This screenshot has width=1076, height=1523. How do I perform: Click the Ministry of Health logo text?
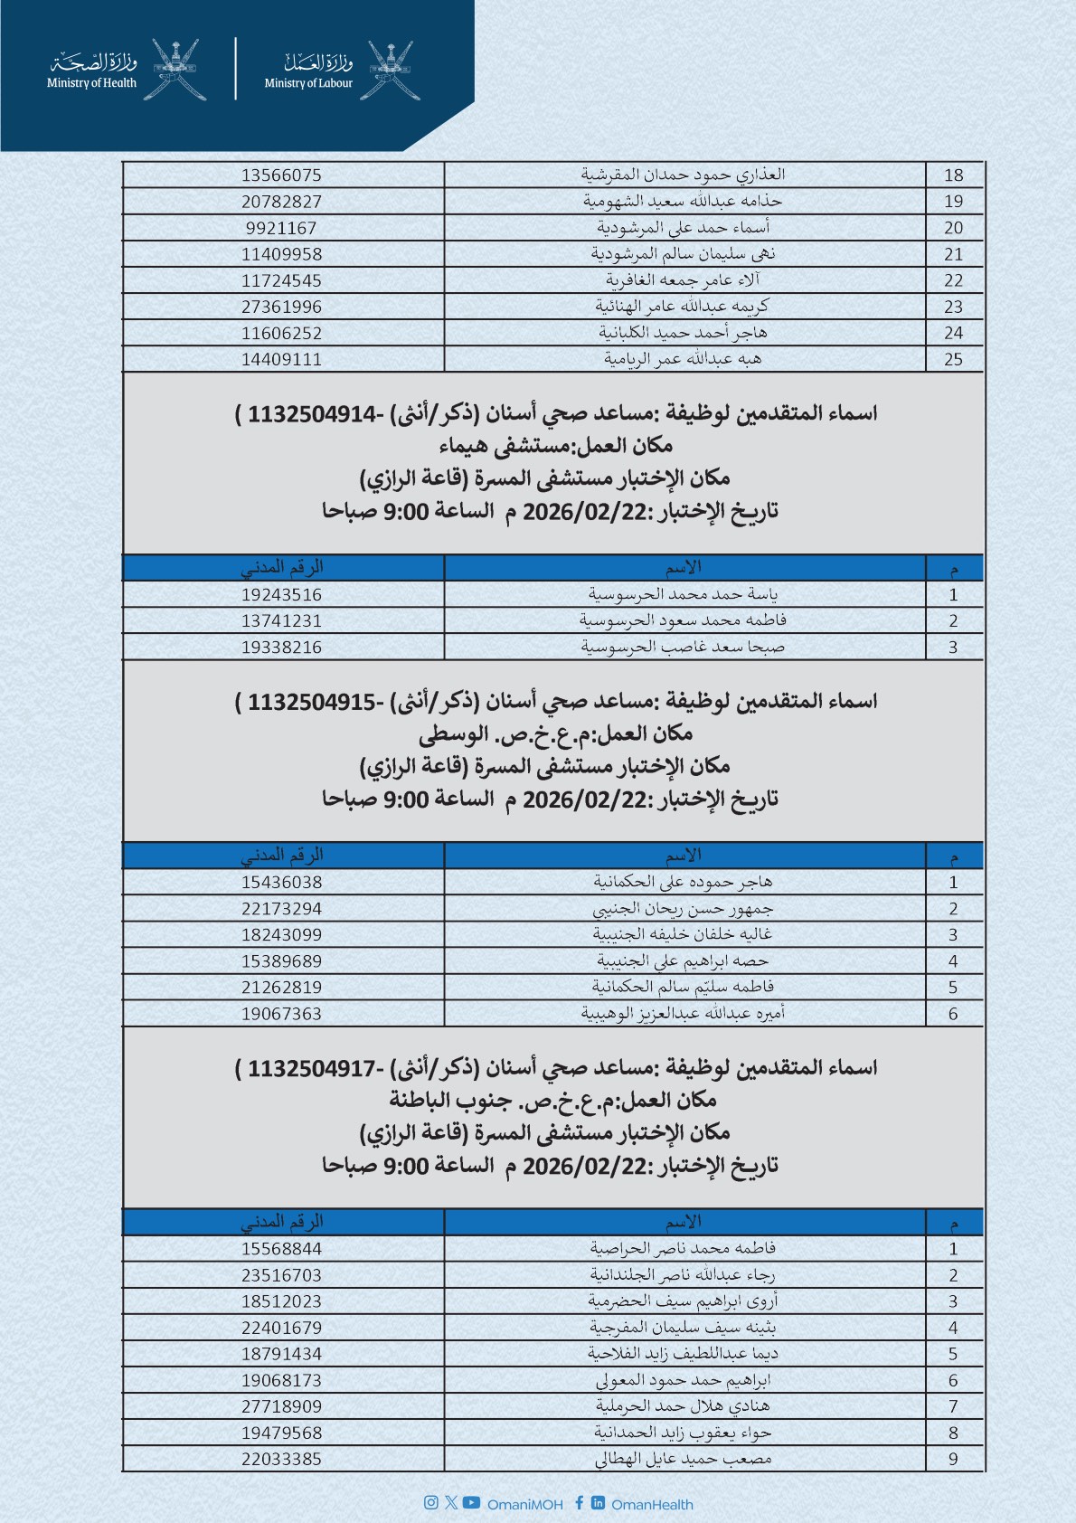tap(92, 71)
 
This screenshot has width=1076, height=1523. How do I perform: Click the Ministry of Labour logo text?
tap(309, 71)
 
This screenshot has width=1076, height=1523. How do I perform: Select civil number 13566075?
tap(281, 175)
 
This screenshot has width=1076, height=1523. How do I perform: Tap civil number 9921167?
tap(281, 228)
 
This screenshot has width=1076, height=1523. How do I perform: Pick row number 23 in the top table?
tap(953, 307)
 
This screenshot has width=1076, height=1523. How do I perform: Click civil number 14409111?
tap(281, 359)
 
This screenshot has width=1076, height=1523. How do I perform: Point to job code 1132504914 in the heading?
tap(311, 415)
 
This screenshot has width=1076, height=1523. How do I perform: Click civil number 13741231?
tap(281, 621)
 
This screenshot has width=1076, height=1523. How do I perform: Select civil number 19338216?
tap(281, 648)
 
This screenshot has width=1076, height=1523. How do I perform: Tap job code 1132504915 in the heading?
tap(311, 703)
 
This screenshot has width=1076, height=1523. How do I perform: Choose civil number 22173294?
tap(281, 909)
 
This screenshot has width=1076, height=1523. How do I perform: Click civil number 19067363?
tap(281, 1014)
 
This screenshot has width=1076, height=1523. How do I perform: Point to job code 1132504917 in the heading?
tap(311, 1069)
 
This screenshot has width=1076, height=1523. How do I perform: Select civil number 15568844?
tap(281, 1249)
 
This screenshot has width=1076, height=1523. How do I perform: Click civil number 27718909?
tap(281, 1406)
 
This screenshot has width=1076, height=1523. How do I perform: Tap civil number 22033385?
tap(281, 1459)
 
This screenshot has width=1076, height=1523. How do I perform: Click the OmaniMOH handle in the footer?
tap(524, 1505)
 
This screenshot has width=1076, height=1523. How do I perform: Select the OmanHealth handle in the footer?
tap(652, 1505)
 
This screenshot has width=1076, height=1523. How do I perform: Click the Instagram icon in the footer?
tap(430, 1503)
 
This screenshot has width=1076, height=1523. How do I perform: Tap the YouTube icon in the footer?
tap(471, 1503)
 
